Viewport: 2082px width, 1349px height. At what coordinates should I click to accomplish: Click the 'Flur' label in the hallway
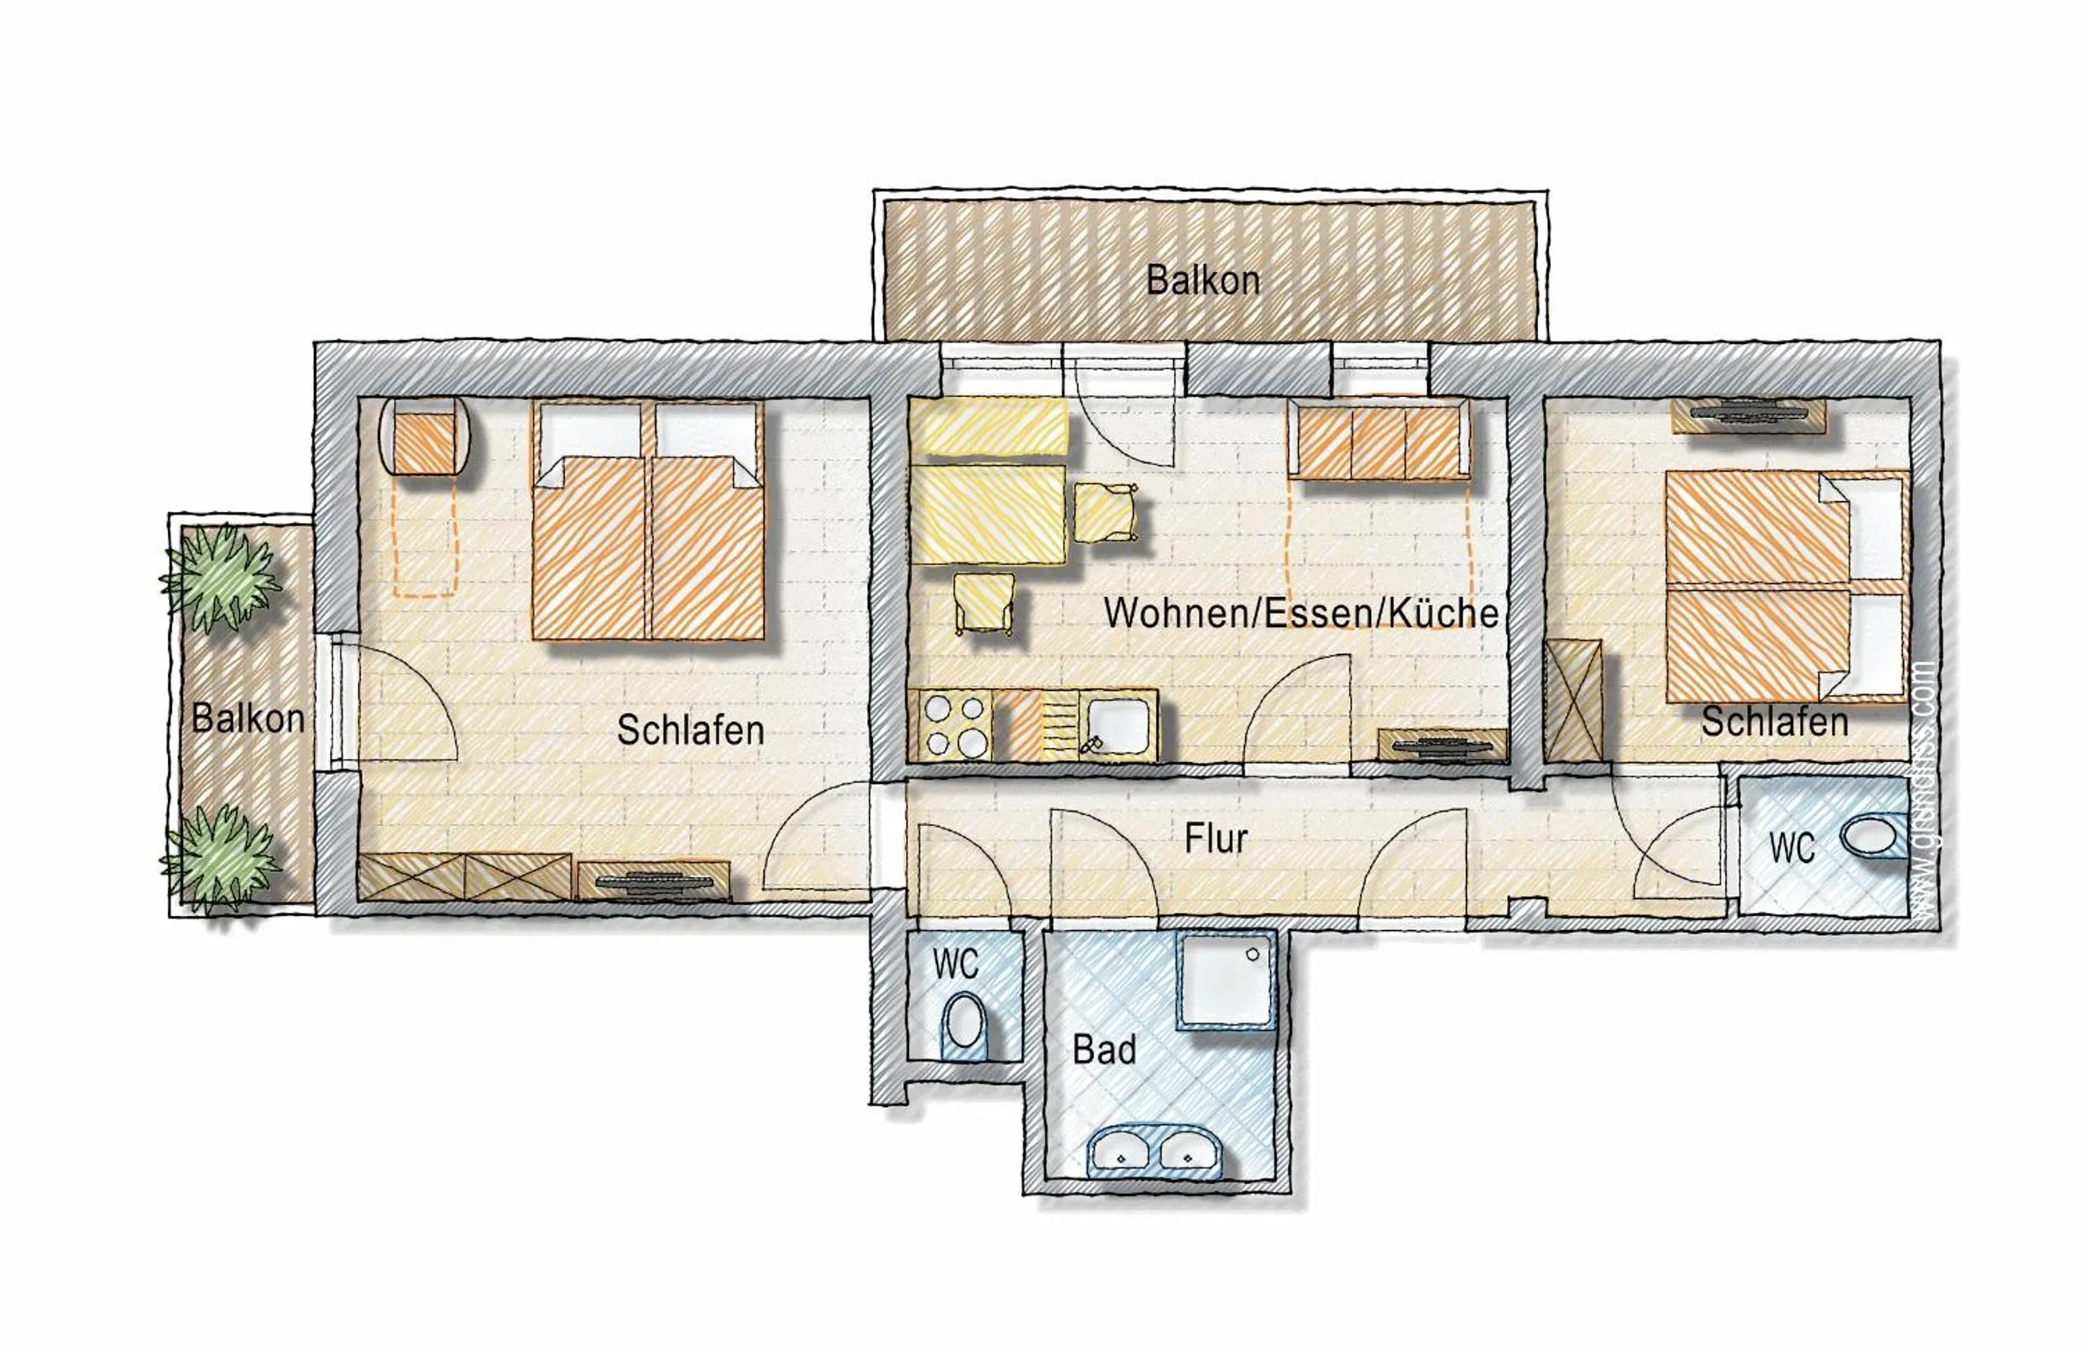(1215, 839)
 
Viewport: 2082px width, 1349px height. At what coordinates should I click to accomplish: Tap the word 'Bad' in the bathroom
(1104, 1050)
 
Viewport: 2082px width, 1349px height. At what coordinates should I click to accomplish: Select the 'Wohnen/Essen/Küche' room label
(1300, 614)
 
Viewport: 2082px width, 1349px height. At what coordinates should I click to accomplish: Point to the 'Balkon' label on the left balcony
(248, 719)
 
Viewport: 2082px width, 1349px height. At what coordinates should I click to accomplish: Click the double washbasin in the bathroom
(1154, 1150)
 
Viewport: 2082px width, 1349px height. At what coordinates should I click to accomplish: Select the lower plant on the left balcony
(222, 858)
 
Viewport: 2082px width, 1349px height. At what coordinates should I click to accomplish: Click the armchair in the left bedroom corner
(425, 437)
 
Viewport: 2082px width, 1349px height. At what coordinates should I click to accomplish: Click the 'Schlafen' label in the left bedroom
(690, 730)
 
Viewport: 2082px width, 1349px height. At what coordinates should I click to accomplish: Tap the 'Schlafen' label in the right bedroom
(1774, 722)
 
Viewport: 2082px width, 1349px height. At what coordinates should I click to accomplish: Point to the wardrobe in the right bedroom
(1573, 701)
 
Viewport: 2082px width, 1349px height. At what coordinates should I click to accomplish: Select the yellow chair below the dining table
(984, 602)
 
